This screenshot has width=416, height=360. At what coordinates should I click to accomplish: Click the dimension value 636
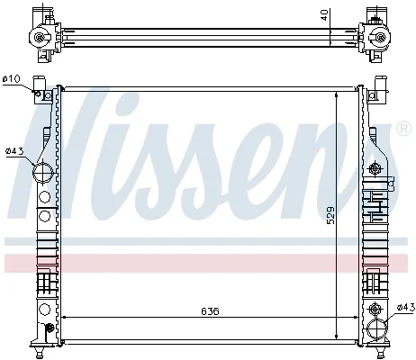coord(210,311)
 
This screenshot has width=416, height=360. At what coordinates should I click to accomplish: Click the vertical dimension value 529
coord(330,215)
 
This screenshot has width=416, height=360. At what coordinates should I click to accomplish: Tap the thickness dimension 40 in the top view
coord(324,15)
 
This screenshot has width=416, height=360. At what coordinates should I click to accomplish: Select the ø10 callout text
coord(12,79)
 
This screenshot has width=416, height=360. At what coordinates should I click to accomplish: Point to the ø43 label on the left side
coord(14,151)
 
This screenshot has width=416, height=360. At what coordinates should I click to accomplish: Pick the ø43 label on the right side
coord(406,307)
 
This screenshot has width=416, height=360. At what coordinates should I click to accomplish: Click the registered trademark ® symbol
coord(404,129)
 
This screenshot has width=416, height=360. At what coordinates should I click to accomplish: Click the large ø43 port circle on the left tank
coord(43,172)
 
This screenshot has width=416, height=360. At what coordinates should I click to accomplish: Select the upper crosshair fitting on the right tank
coord(375,167)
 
